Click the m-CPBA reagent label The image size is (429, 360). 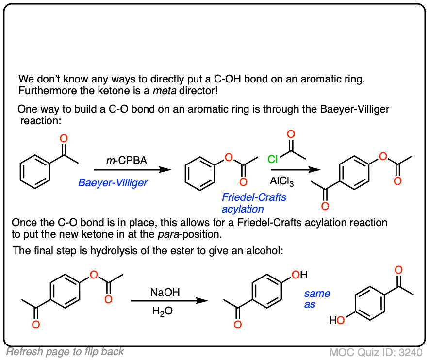(x=127, y=161)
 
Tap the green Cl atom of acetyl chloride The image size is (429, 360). (x=274, y=158)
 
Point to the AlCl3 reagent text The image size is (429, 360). (x=282, y=182)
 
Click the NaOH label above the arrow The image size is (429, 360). (x=165, y=292)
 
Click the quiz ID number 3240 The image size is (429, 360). (x=411, y=352)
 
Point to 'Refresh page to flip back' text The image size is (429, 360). (x=66, y=352)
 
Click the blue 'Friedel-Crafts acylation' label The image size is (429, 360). (x=254, y=203)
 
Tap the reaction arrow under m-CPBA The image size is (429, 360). (x=132, y=170)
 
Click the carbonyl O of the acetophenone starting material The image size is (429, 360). (x=63, y=139)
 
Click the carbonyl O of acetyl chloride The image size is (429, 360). (x=291, y=134)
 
